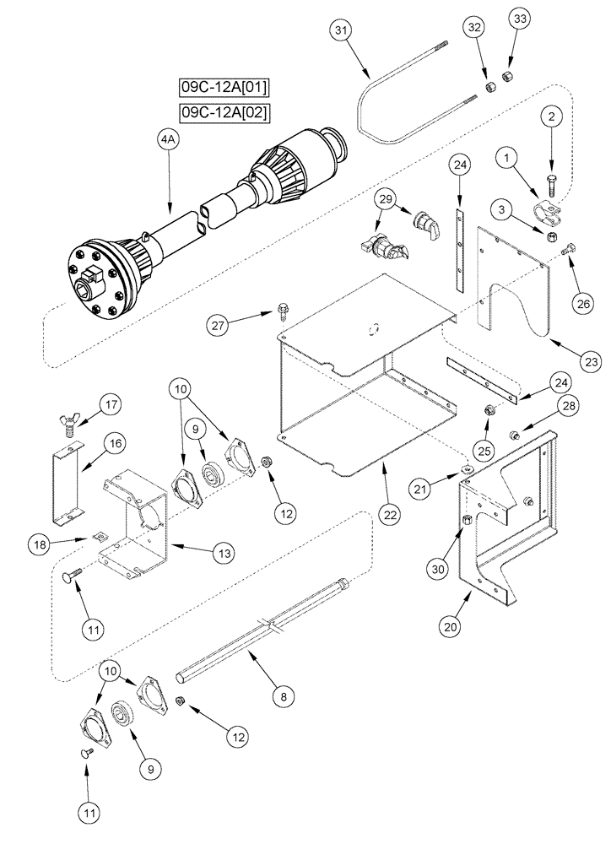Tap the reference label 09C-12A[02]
coord(225,111)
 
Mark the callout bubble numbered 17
coord(111,406)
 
